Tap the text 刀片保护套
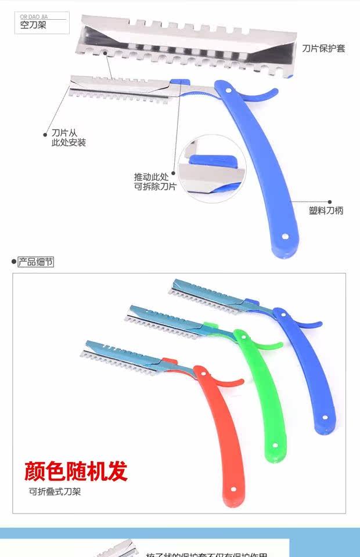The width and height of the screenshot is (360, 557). pos(323,49)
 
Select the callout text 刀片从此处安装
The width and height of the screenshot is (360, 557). pos(69,138)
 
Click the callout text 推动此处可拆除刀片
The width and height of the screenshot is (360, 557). pos(155,181)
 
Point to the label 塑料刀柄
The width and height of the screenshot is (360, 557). pos(326,211)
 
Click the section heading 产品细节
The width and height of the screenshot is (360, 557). pos(35,262)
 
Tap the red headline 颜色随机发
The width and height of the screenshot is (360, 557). pos(75,471)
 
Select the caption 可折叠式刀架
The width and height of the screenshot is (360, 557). pos(55,492)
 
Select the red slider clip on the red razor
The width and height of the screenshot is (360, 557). pos(170,361)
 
